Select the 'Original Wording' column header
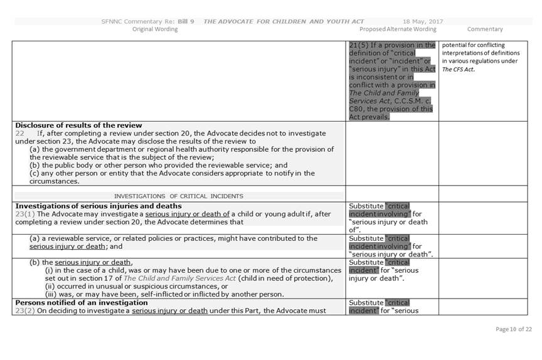click(x=154, y=29)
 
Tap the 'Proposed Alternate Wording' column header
click(x=398, y=29)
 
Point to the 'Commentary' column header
click(x=485, y=29)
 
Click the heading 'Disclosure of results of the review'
click(x=78, y=125)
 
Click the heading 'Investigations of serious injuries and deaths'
click(x=98, y=206)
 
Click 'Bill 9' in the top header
click(x=184, y=21)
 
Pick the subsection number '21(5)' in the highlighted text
click(x=361, y=46)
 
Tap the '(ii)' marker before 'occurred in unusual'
click(x=50, y=287)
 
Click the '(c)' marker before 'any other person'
click(x=35, y=173)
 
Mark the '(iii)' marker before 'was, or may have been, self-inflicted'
click(x=51, y=294)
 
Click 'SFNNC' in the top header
click(x=112, y=21)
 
